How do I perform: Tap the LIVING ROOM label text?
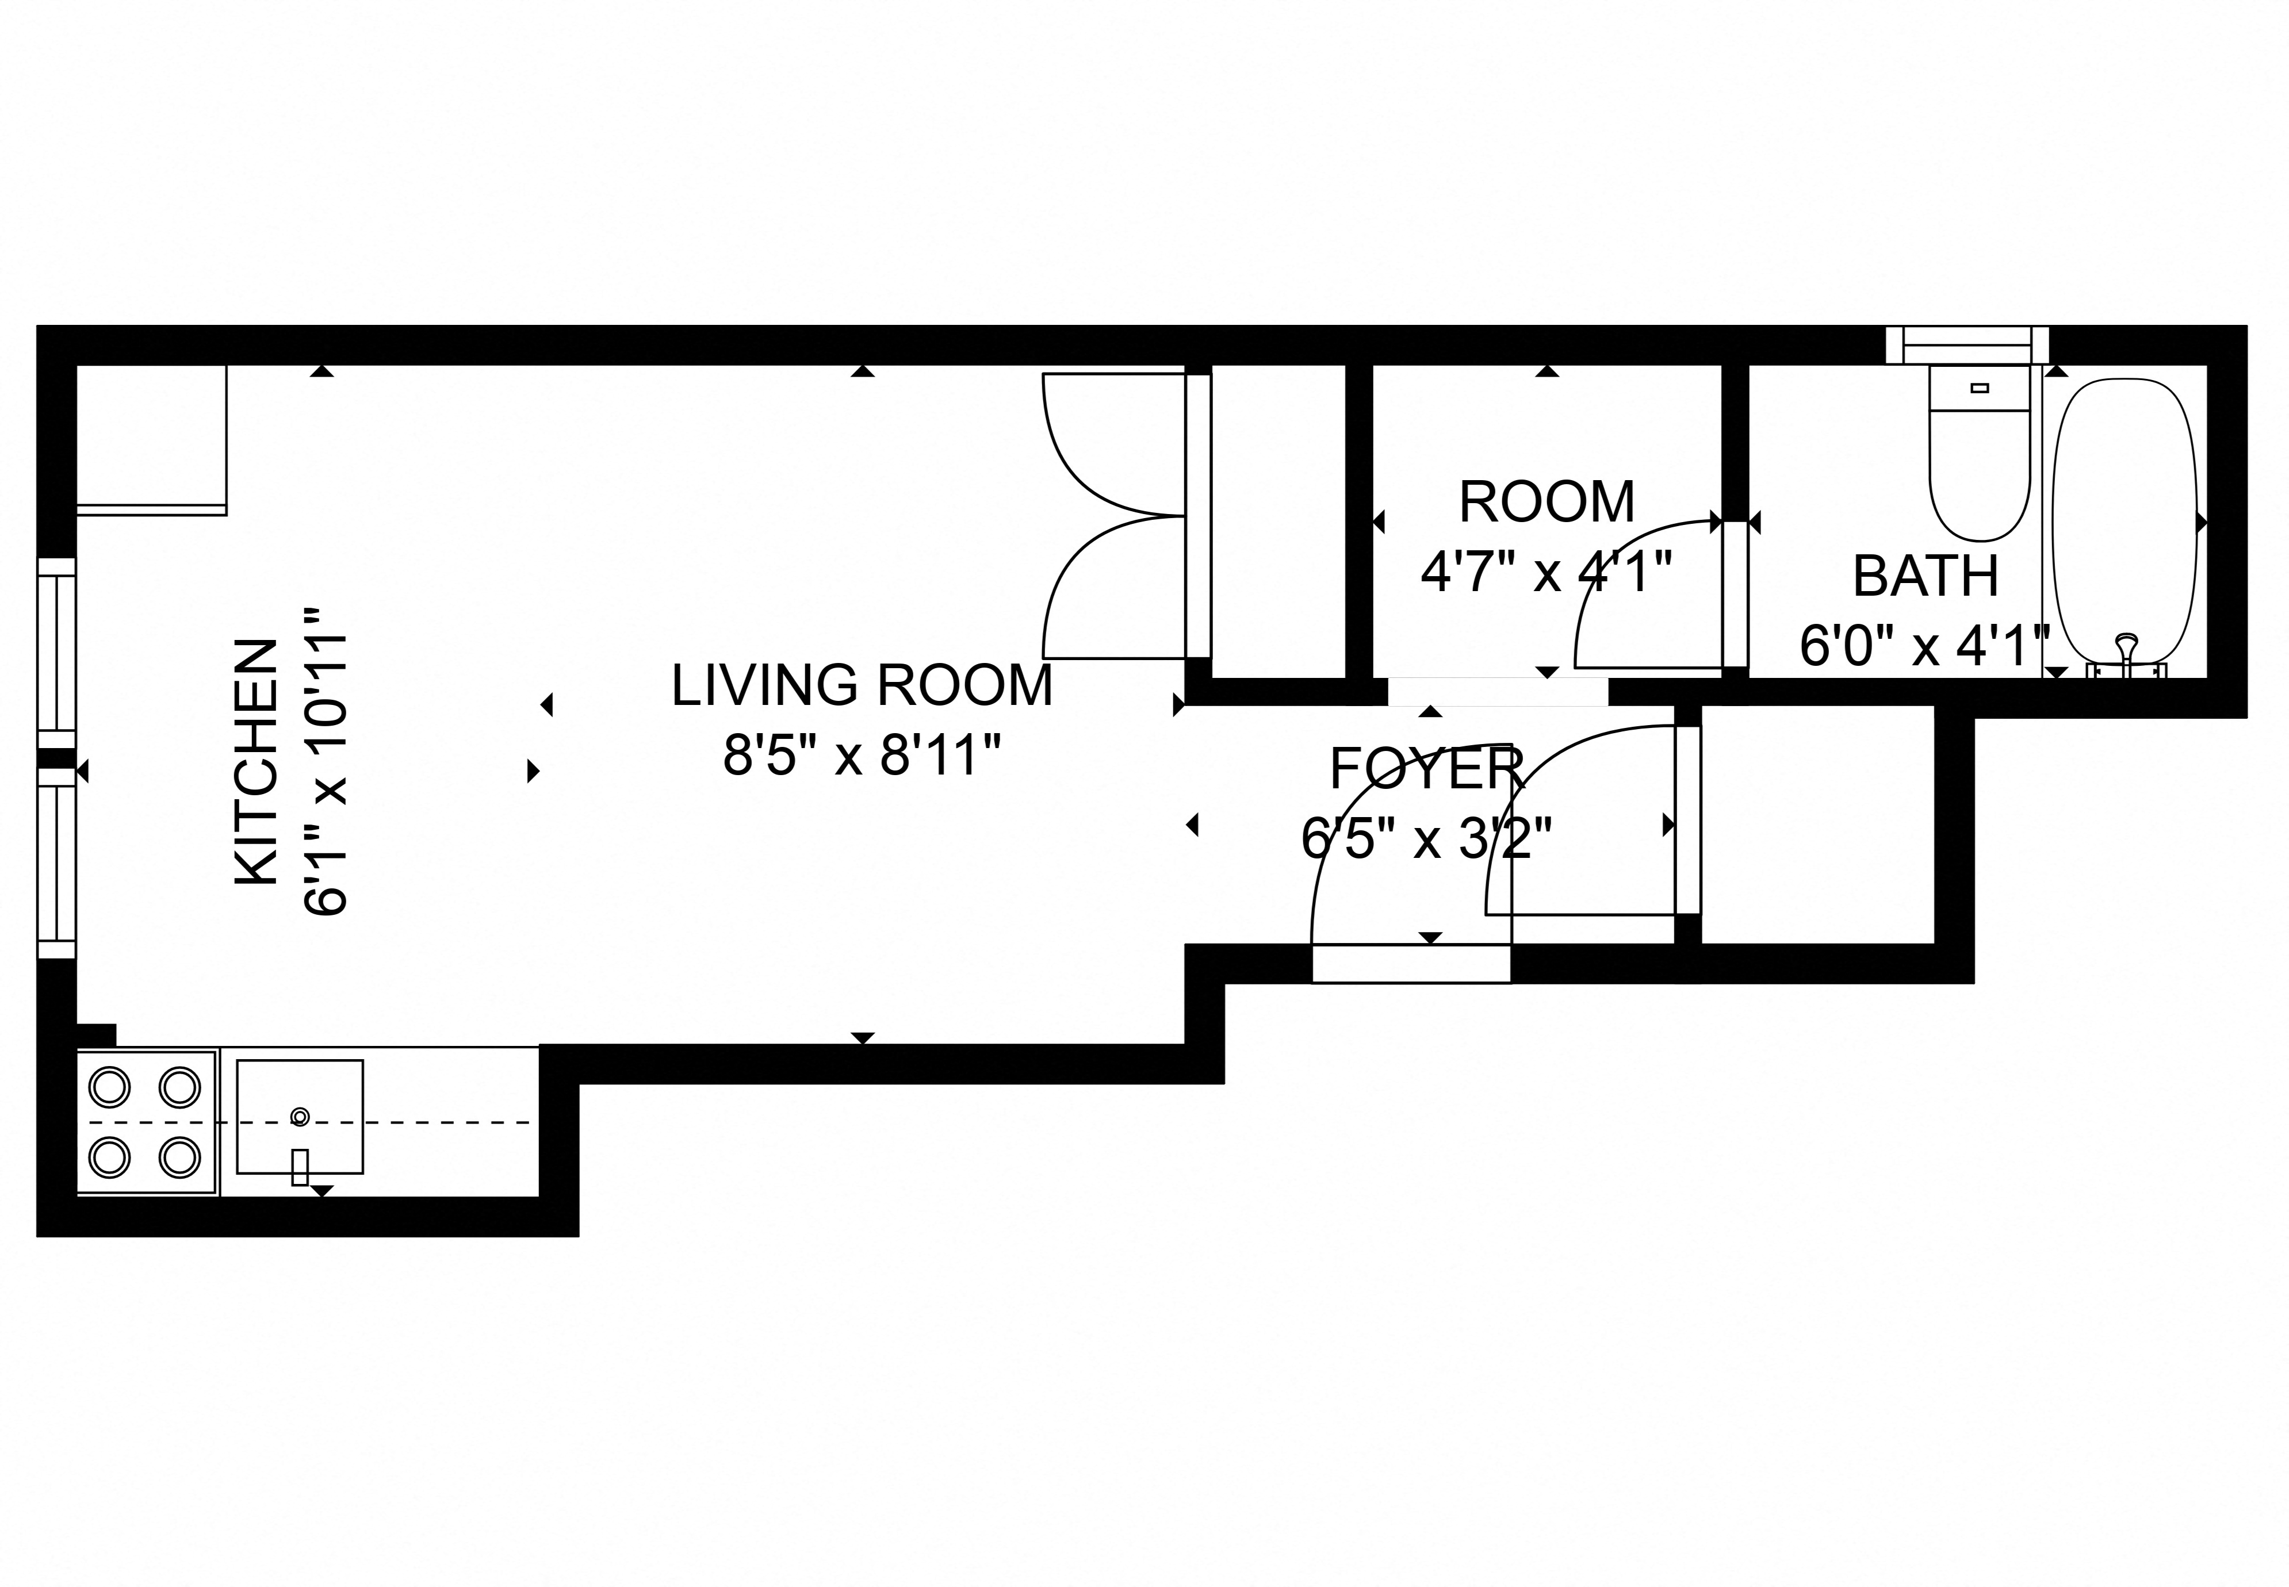pos(861,686)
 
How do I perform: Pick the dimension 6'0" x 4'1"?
pos(1925,646)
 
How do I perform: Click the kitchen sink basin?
pos(299,1115)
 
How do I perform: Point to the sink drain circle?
pos(299,1115)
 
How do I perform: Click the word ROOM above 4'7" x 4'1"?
pos(1546,502)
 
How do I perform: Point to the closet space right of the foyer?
pos(1817,823)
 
